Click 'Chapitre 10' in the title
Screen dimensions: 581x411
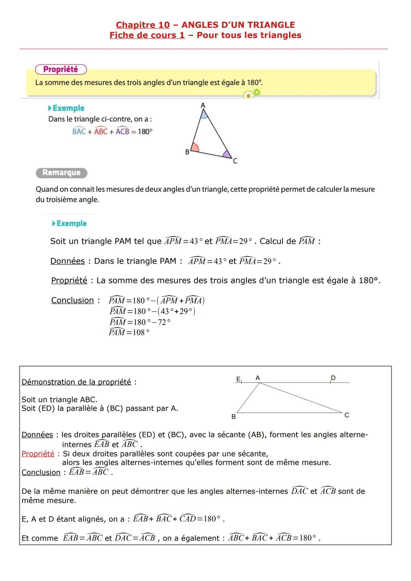(x=143, y=25)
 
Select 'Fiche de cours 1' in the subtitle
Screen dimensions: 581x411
(x=147, y=35)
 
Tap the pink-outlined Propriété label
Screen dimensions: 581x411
(x=61, y=69)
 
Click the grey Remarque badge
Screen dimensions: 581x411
(x=61, y=173)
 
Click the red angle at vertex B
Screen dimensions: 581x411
(x=194, y=148)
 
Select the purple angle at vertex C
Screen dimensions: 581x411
(x=227, y=154)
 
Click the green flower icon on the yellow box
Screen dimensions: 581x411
(x=252, y=93)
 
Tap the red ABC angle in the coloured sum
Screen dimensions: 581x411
(x=101, y=131)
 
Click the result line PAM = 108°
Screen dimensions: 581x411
(x=129, y=332)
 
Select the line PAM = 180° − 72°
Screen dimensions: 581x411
(x=140, y=322)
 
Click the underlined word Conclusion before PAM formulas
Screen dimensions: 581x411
(x=72, y=301)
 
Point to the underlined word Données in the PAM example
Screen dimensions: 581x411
(x=67, y=261)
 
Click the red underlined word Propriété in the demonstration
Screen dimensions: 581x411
(x=38, y=454)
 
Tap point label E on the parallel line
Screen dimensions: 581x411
(x=238, y=379)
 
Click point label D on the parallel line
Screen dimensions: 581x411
(x=333, y=378)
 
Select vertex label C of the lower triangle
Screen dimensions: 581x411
(x=346, y=415)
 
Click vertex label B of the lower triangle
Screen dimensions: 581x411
(x=234, y=417)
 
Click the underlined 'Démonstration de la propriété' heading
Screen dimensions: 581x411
(x=76, y=382)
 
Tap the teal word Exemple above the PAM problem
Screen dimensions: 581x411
(x=71, y=223)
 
